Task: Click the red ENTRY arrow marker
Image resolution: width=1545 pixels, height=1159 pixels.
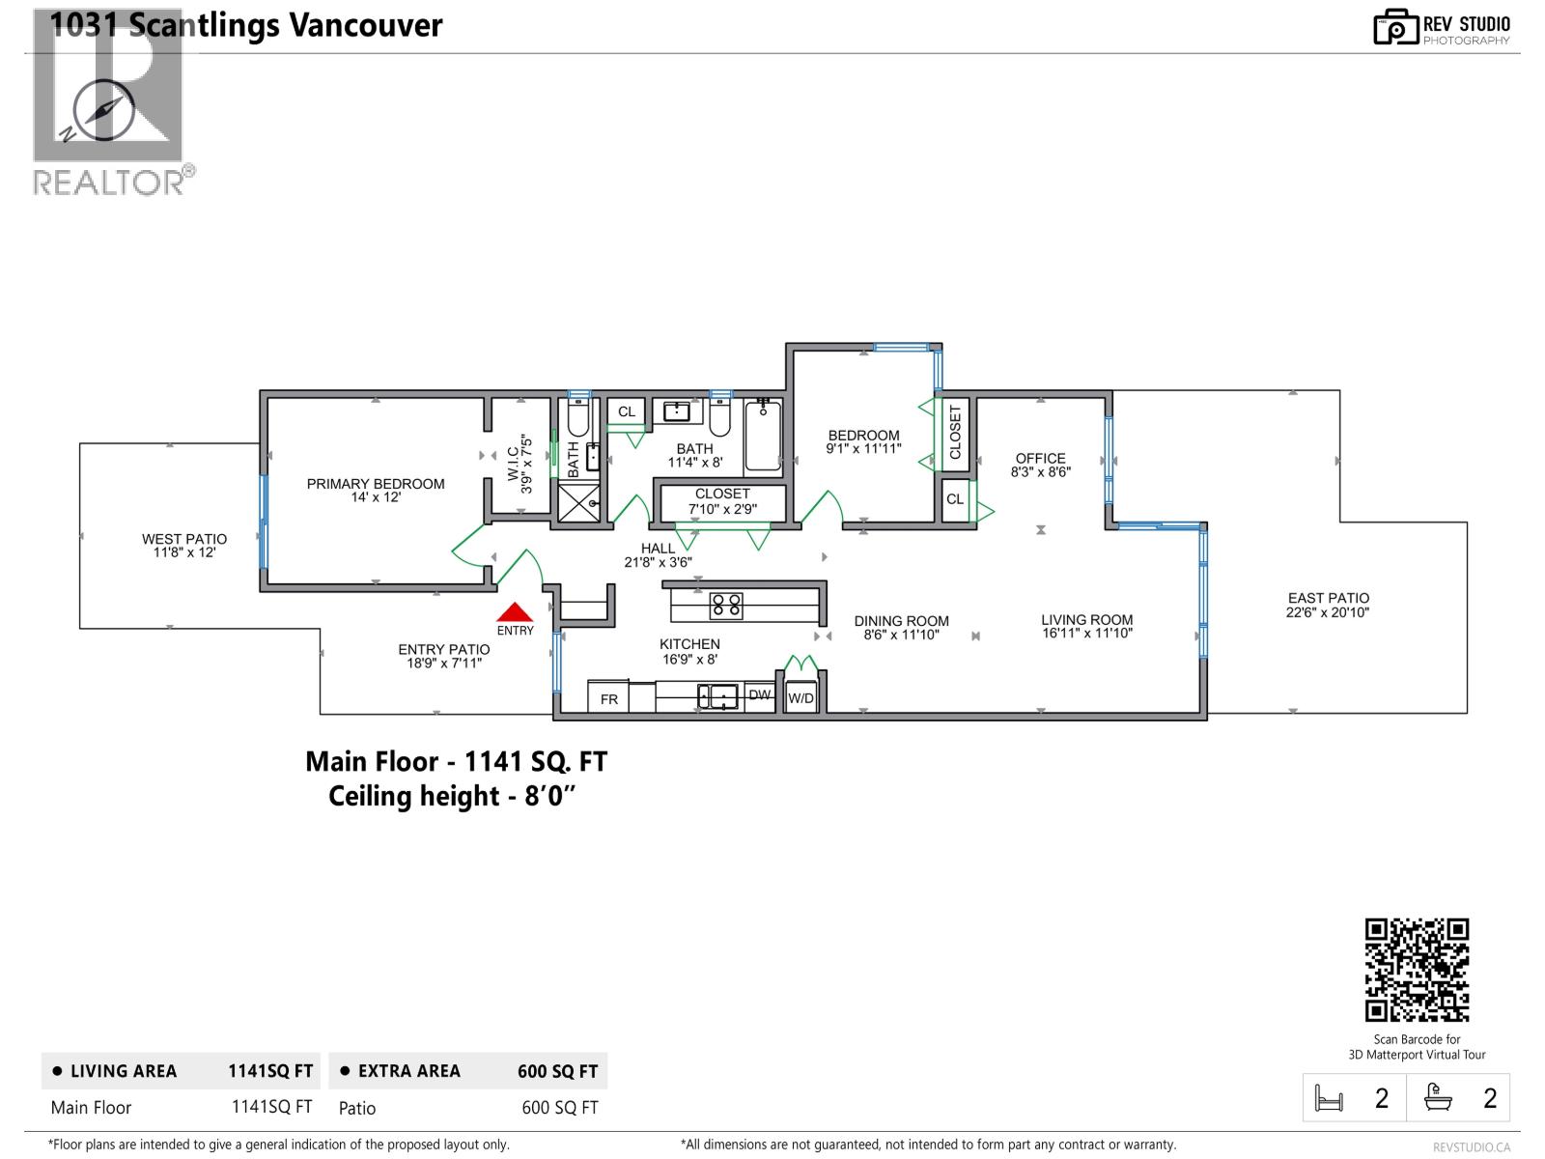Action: tap(515, 612)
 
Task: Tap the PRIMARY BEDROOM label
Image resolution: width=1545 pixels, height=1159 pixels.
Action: tap(376, 484)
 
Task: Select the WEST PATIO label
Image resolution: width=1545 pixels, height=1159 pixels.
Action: tap(184, 539)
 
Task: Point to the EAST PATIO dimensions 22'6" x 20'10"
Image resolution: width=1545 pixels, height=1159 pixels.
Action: tap(1328, 612)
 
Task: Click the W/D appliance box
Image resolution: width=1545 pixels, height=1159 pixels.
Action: tap(801, 698)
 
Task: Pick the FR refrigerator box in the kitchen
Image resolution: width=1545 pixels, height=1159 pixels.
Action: tap(609, 698)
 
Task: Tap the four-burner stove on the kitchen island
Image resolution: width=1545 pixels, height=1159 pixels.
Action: tap(726, 606)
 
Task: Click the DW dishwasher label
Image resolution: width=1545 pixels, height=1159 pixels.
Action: tap(760, 694)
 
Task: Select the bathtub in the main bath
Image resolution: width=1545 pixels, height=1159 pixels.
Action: tap(763, 437)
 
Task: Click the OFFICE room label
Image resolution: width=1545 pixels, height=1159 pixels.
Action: tap(1040, 458)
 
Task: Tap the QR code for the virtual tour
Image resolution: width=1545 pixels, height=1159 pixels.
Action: tap(1417, 970)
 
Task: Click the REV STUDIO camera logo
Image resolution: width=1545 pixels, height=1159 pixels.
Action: tap(1395, 27)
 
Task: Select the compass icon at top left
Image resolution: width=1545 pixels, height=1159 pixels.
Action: tap(102, 109)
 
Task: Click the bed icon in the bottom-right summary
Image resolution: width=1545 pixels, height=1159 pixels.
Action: tap(1329, 1098)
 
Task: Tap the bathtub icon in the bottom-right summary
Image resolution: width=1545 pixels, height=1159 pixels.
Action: tap(1439, 1098)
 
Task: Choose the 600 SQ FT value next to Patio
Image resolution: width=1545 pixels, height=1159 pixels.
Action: tap(559, 1108)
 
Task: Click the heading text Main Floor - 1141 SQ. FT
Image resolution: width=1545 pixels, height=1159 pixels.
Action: tap(456, 762)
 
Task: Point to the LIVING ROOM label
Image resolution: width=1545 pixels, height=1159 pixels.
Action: tap(1086, 620)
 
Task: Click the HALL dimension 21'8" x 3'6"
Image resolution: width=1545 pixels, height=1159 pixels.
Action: tap(658, 562)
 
